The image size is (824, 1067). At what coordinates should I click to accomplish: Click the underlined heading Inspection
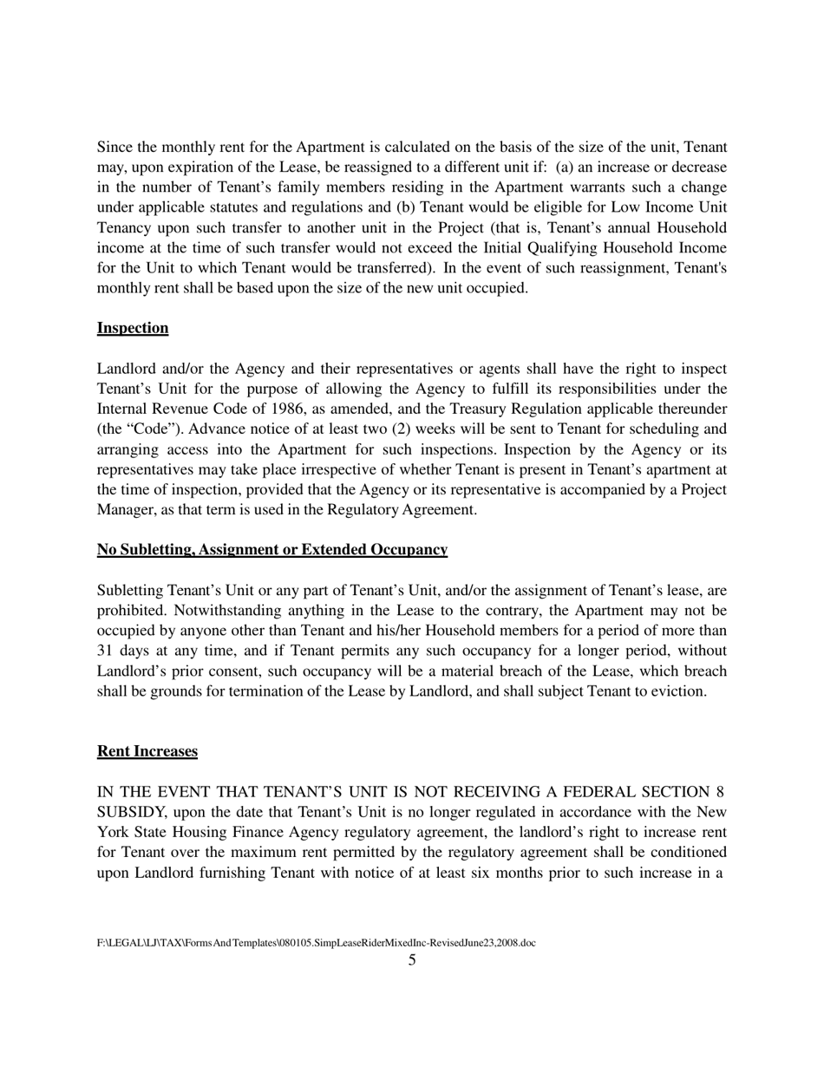tap(133, 328)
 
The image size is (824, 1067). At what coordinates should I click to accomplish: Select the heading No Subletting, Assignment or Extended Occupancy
tap(272, 550)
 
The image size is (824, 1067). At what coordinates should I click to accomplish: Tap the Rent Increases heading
tap(147, 751)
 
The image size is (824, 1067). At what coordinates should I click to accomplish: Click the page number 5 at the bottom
tap(412, 959)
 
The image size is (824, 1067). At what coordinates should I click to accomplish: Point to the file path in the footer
tap(316, 942)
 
